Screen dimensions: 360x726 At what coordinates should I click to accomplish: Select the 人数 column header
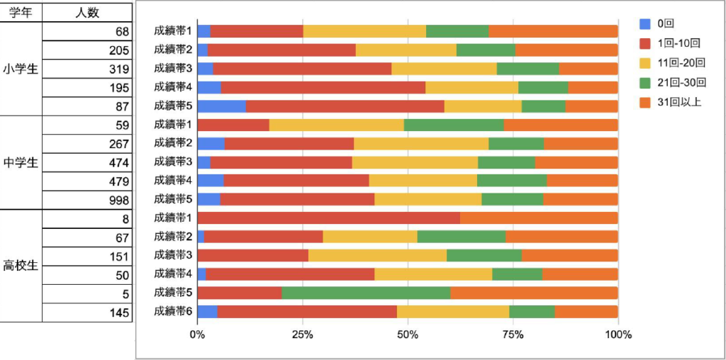coord(87,12)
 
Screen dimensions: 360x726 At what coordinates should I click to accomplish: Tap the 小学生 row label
coord(20,69)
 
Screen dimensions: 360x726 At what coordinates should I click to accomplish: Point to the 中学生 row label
coord(20,162)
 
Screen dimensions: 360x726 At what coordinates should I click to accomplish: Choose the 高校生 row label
coord(20,266)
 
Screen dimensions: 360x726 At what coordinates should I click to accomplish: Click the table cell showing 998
coord(87,200)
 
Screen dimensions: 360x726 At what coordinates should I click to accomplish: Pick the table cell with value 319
coord(87,69)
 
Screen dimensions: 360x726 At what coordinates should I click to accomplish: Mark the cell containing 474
coord(87,162)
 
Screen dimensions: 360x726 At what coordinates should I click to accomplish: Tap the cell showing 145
coord(87,312)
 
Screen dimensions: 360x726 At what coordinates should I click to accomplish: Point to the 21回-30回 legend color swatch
coord(644,82)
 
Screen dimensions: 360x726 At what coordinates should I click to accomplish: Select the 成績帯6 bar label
coord(173,311)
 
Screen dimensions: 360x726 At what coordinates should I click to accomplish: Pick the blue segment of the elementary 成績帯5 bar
coord(221,106)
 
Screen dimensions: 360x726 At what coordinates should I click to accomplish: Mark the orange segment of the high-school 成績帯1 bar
coord(539,218)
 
